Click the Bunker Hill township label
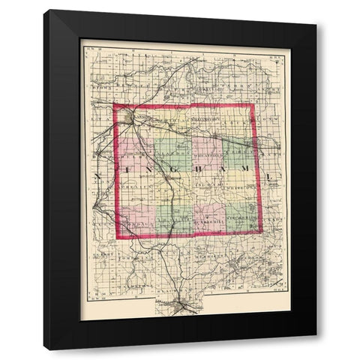coord(207,224)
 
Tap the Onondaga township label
coord(138,224)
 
